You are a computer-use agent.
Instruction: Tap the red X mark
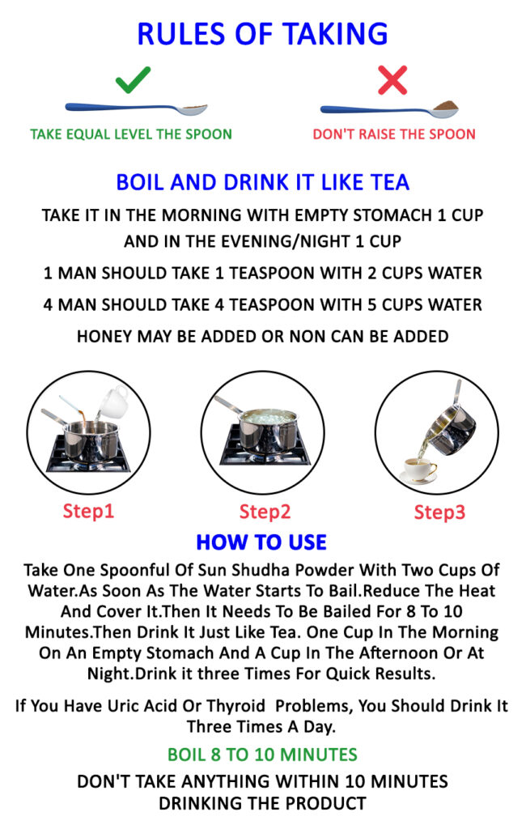pos(392,80)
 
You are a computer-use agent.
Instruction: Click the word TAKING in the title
pos(335,34)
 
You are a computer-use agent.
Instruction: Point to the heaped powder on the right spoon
pos(444,106)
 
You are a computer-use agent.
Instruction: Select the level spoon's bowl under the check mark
pos(193,109)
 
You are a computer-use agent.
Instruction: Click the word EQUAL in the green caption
pos(89,134)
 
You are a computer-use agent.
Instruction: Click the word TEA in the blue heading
pos(390,182)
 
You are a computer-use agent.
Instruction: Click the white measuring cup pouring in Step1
pos(113,402)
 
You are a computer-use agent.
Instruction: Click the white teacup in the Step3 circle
pos(419,470)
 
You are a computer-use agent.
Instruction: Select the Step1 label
pos(88,512)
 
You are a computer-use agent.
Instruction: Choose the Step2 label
pos(265,512)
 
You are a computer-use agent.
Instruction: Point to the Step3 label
pos(439,512)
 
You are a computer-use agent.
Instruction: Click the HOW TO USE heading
pos(261,542)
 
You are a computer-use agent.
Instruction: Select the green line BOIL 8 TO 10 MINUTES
pos(262,755)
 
